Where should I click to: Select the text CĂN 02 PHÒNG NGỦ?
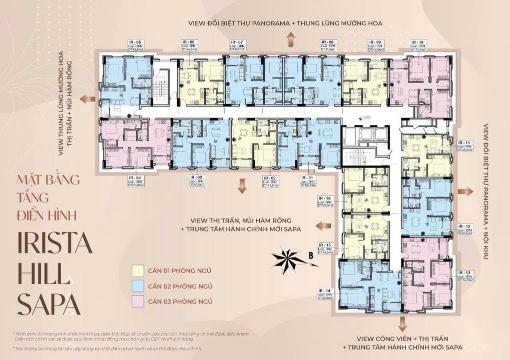(x=179, y=286)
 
